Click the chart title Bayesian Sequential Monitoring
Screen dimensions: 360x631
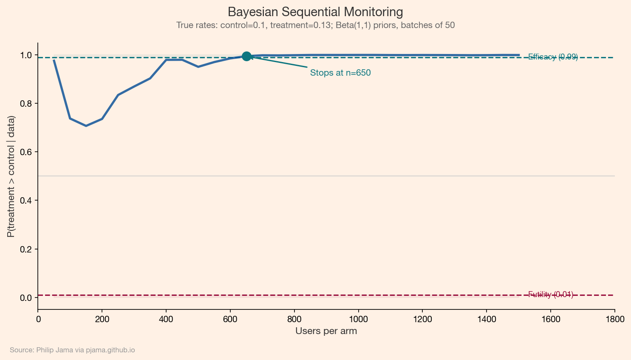(x=315, y=12)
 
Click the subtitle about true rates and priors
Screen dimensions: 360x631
(x=315, y=25)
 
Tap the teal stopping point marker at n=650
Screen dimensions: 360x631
(x=246, y=56)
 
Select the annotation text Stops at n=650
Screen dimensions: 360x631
(x=340, y=73)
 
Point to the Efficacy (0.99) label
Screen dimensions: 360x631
(x=552, y=57)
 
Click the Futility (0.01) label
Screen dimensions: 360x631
(x=550, y=295)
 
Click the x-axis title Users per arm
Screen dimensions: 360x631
(x=326, y=331)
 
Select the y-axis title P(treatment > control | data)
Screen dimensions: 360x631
(x=11, y=176)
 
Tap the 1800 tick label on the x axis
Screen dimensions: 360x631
(x=614, y=319)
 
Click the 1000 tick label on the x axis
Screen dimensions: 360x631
(x=358, y=319)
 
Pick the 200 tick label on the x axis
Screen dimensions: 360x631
(x=102, y=319)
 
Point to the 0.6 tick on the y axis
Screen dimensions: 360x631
(x=26, y=152)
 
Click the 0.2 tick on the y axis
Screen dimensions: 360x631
(x=26, y=249)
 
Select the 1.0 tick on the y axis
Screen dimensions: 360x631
(x=26, y=55)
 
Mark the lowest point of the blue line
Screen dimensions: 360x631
(x=86, y=126)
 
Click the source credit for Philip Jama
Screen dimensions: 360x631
(x=72, y=350)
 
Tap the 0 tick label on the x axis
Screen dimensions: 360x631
(x=38, y=319)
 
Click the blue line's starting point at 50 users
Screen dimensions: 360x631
(x=54, y=60)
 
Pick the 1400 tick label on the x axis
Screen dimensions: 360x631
(x=486, y=319)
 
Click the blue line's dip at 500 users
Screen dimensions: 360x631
(x=198, y=67)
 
